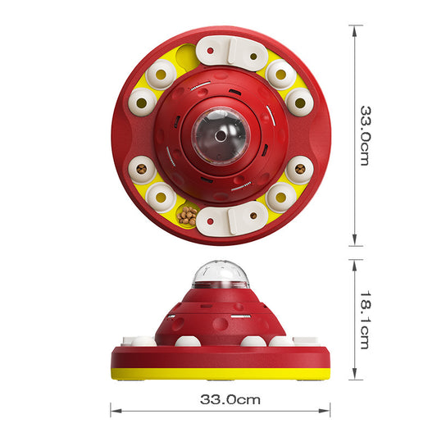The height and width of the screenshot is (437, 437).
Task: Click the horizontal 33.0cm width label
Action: click(230, 399)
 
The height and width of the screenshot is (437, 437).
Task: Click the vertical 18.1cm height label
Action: click(366, 321)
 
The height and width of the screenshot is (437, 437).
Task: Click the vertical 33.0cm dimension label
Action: click(366, 136)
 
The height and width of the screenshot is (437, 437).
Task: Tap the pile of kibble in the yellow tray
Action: click(187, 216)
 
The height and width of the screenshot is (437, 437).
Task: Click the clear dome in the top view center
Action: click(221, 136)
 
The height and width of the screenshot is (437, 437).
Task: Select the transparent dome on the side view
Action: click(220, 274)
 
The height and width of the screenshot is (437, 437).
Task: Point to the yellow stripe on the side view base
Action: click(221, 374)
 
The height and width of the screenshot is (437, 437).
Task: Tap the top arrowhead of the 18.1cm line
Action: click(354, 266)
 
